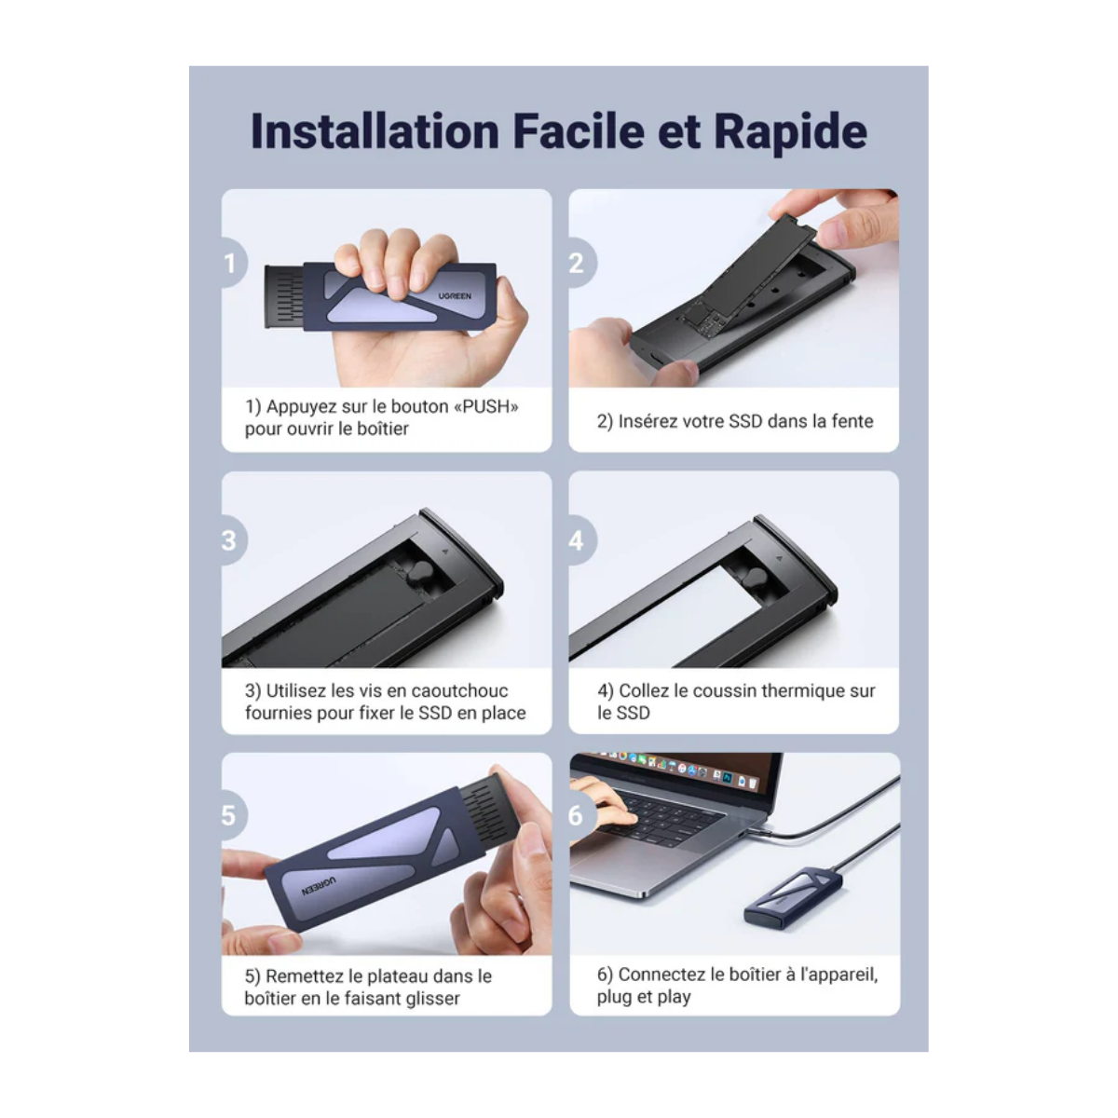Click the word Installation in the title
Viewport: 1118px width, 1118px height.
click(375, 131)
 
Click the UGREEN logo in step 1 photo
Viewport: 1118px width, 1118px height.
click(455, 296)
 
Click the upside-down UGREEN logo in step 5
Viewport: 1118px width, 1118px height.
click(319, 886)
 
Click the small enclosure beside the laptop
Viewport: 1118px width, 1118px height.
click(793, 894)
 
